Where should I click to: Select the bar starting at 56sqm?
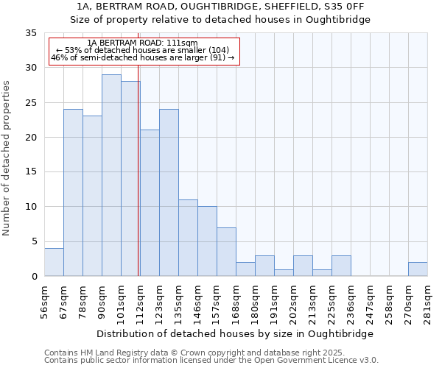[54, 262]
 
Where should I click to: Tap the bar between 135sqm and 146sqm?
[188, 238]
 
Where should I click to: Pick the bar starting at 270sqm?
[418, 269]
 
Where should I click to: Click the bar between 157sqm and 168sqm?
[226, 252]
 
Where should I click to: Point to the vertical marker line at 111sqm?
[138, 177]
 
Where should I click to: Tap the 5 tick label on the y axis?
[34, 242]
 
